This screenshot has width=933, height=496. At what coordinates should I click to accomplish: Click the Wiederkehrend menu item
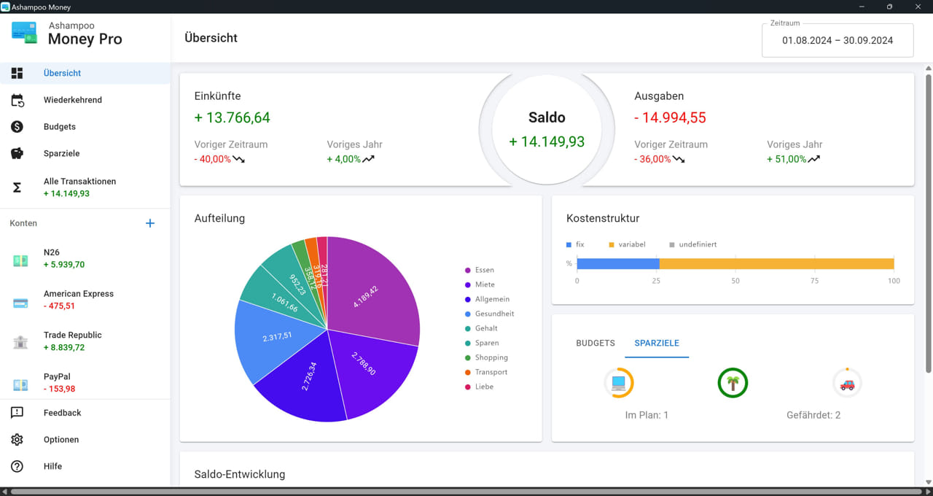tap(72, 100)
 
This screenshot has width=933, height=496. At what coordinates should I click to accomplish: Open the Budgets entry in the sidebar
tap(60, 127)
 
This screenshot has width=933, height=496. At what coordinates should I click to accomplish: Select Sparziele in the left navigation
tap(61, 154)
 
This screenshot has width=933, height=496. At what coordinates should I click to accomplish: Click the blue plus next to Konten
tap(150, 223)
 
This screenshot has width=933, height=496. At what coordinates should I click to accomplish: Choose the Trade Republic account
tap(72, 336)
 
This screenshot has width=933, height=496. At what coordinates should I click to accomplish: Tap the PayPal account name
tap(57, 376)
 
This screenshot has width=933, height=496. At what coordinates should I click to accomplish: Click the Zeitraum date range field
tap(837, 41)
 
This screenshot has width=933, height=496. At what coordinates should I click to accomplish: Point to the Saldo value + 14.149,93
tap(547, 142)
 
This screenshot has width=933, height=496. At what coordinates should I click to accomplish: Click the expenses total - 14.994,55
tap(670, 117)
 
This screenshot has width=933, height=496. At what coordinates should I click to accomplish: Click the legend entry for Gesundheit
tap(494, 314)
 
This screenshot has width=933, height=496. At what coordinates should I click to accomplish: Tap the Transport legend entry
tap(491, 372)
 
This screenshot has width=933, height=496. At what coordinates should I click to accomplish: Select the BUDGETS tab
tap(596, 343)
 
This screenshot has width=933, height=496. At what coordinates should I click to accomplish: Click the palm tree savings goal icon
tap(733, 383)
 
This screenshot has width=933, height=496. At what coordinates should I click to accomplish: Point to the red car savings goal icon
tap(847, 383)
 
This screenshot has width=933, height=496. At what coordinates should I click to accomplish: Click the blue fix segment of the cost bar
tap(618, 264)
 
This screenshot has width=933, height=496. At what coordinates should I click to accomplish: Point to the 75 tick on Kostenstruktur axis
tap(814, 281)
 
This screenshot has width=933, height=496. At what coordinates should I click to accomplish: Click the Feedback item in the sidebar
tap(62, 413)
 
